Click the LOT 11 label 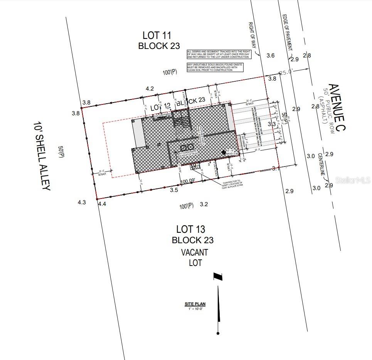(157, 35)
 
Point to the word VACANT (194, 253)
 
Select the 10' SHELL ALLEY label (42, 156)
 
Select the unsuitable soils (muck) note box (215, 67)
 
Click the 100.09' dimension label (192, 180)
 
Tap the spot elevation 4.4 (102, 204)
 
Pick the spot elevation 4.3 (82, 202)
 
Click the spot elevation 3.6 (271, 56)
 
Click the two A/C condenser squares (187, 147)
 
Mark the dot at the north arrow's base (218, 333)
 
